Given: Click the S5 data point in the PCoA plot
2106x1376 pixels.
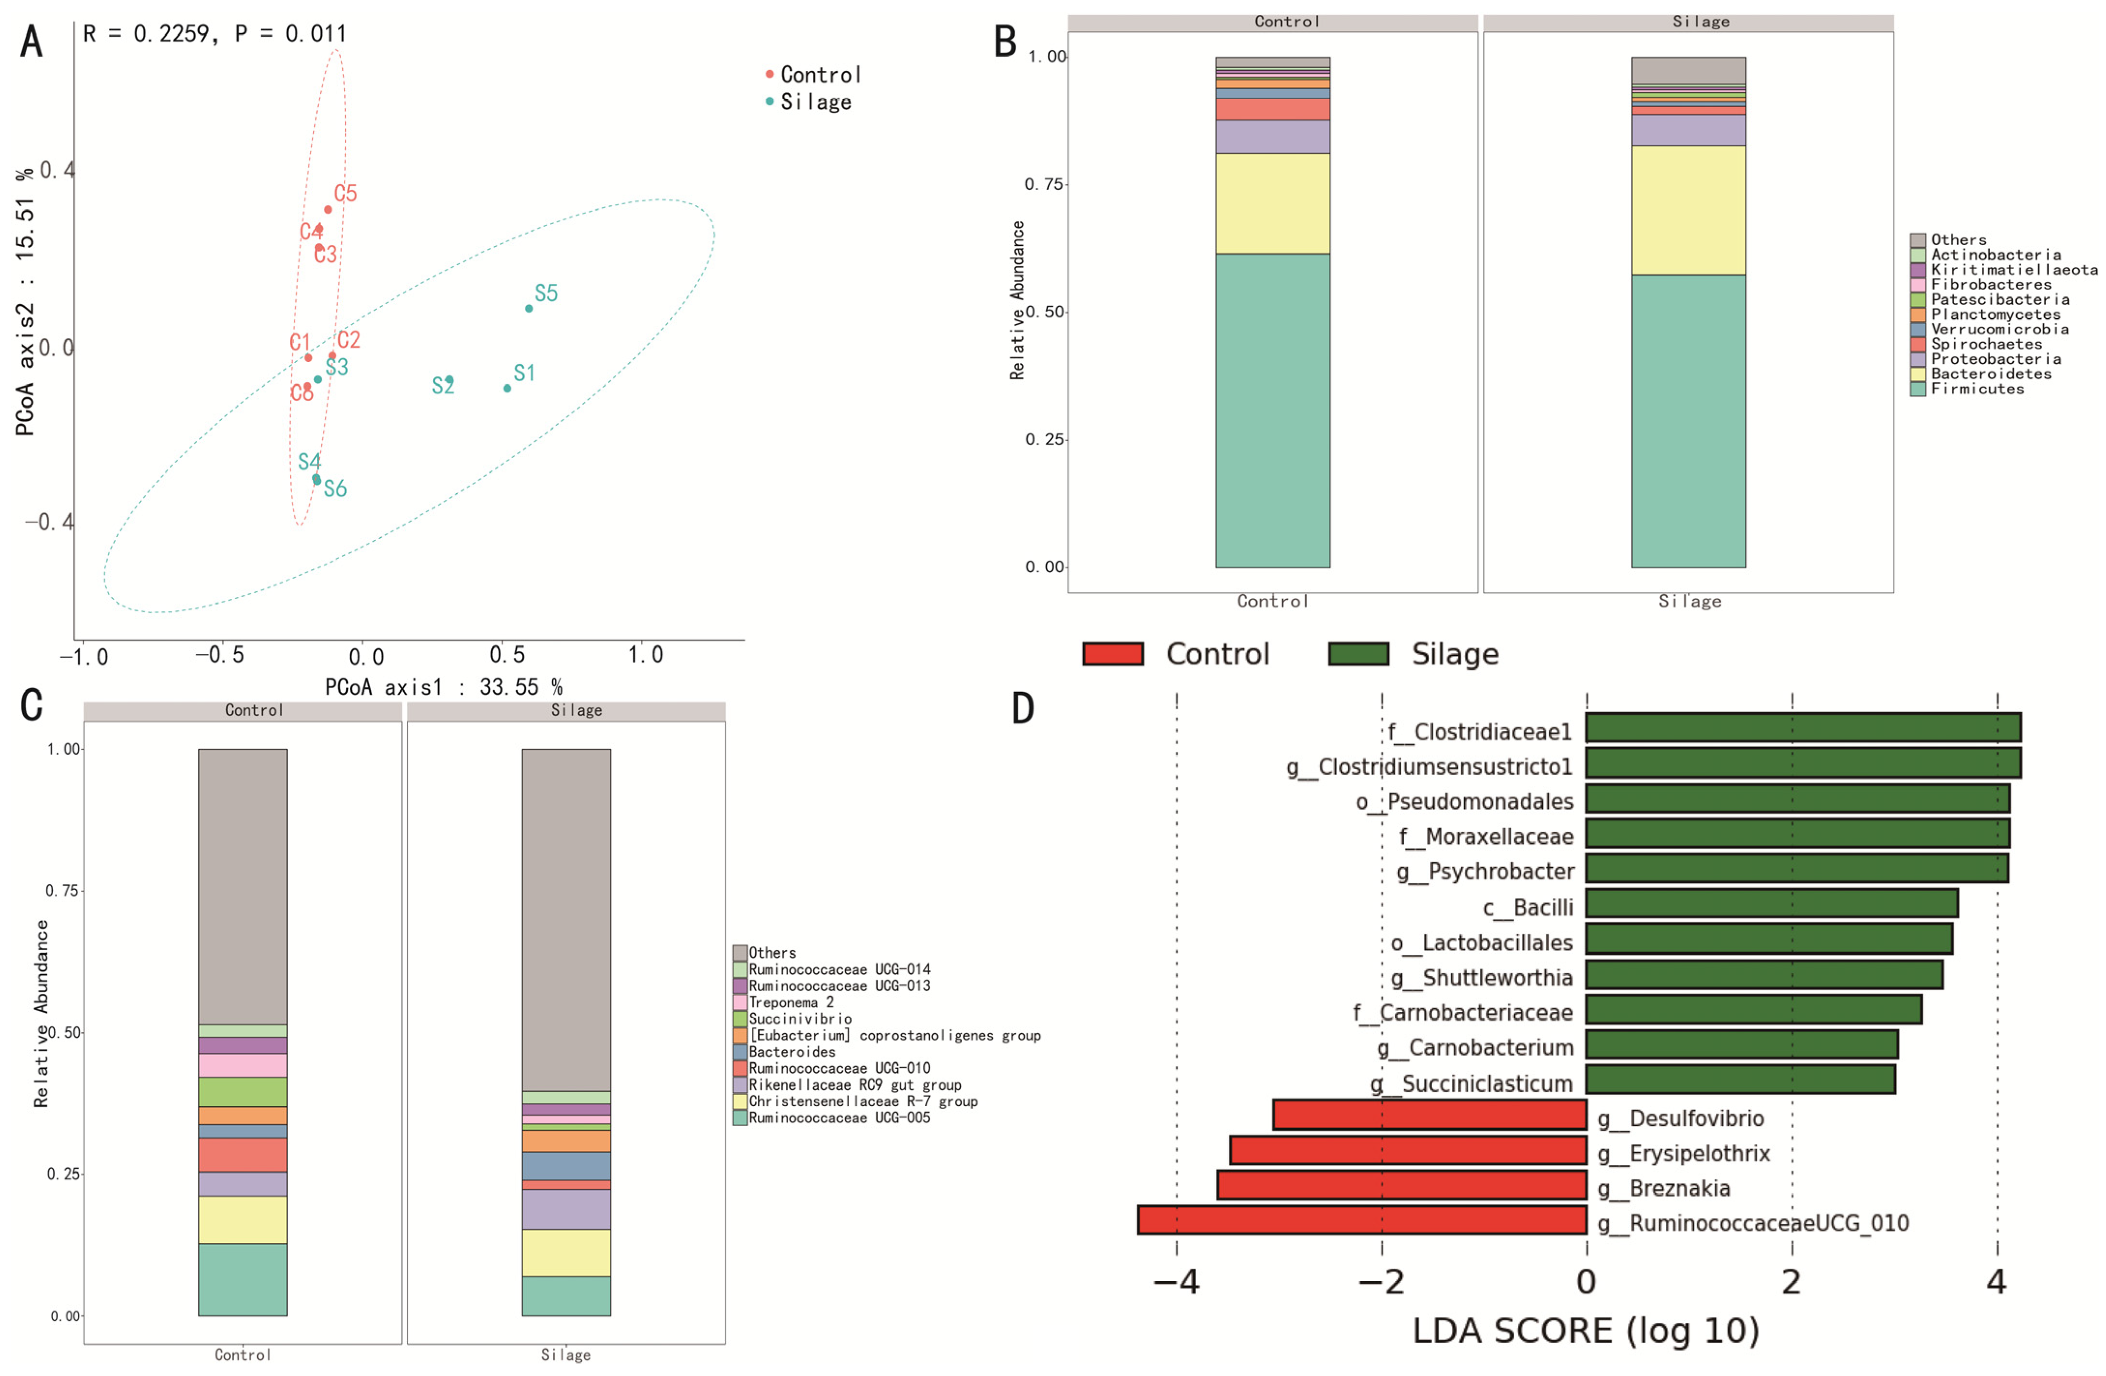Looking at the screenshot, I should click(x=528, y=308).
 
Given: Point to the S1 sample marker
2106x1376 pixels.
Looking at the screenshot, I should click(x=507, y=388).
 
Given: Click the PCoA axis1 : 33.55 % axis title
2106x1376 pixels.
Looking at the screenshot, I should click(x=443, y=687).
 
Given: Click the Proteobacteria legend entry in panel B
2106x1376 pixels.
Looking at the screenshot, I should click(x=1995, y=359).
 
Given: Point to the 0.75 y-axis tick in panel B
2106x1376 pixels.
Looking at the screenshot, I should click(x=1044, y=184).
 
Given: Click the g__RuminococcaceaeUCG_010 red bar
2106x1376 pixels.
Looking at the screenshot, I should click(x=1361, y=1219).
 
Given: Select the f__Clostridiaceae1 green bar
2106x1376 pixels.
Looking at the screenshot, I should click(x=1803, y=727).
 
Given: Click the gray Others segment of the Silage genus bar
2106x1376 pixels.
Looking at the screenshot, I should click(x=565, y=920).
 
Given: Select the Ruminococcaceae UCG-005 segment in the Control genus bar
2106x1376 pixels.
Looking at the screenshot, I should click(x=243, y=1279).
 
